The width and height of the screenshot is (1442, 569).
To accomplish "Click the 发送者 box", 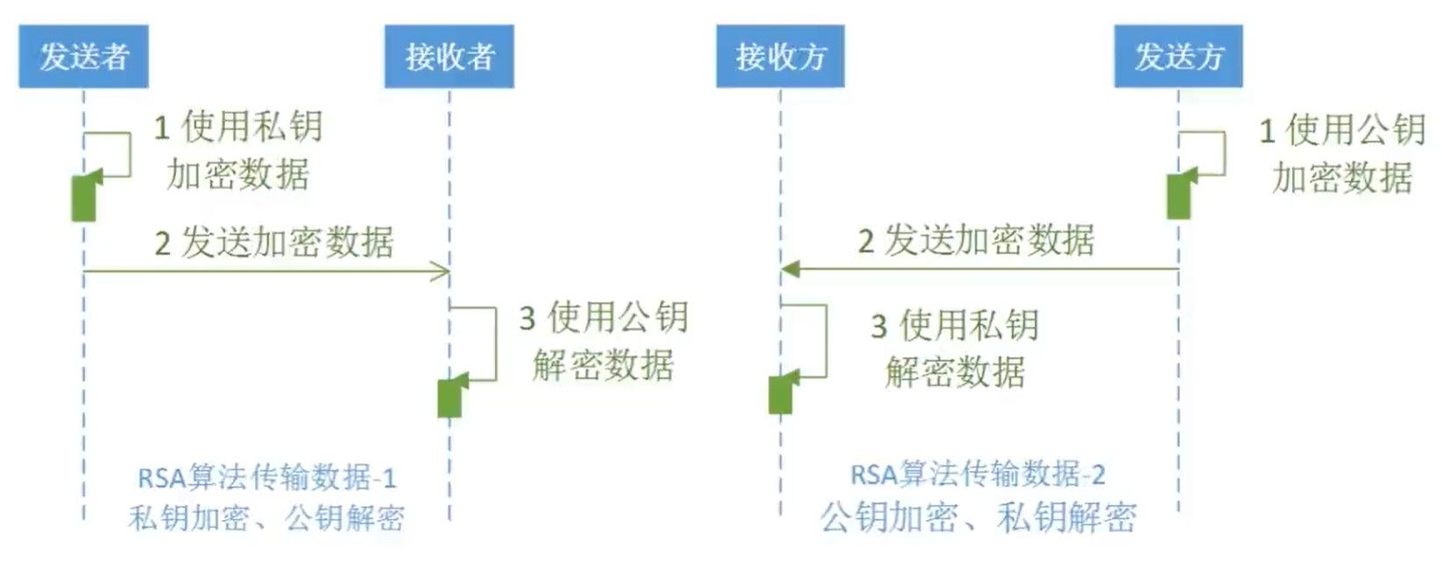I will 83,57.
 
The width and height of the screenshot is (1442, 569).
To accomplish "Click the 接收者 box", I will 449,57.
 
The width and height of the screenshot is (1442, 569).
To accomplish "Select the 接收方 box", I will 780,57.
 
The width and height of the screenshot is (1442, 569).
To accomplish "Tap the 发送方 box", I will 1177,57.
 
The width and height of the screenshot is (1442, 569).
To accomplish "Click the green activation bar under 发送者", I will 83,199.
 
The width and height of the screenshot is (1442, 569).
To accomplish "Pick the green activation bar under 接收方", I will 780,395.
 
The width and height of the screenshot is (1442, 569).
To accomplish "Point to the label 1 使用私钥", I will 238,128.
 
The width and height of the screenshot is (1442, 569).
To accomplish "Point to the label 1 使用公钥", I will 1342,130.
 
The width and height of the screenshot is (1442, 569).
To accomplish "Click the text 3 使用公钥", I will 604,318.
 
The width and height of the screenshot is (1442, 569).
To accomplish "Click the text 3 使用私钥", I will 955,326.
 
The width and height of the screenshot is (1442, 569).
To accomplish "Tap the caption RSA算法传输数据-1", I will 266,478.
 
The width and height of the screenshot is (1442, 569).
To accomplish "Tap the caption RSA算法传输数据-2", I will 978,474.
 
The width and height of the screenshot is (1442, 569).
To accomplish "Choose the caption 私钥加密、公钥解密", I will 266,518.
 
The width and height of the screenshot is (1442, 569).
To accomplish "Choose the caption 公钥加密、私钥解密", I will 978,517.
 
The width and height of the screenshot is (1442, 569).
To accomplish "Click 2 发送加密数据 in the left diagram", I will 274,242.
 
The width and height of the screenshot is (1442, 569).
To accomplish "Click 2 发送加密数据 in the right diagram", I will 976,240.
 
